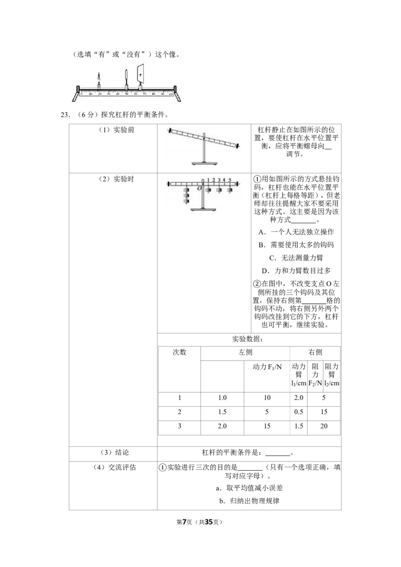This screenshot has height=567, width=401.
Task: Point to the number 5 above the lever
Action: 230,180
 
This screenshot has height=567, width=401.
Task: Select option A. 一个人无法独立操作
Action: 296,232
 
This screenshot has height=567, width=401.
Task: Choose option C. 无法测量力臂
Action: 296,258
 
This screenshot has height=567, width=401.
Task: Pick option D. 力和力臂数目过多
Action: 296,271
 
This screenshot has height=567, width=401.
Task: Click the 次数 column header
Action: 179,352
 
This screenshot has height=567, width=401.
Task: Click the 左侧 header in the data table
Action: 246,352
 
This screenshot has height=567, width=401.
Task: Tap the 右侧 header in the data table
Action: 315,352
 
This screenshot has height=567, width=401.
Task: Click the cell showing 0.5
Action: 299,412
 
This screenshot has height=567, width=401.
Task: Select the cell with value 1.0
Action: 222,398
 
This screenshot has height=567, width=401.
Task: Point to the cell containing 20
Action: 324,426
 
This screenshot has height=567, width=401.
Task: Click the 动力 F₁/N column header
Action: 267,367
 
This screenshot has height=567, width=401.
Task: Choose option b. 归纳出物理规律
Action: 249,501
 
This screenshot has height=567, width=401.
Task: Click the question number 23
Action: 65,115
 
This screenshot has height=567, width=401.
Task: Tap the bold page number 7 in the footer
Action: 184,522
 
